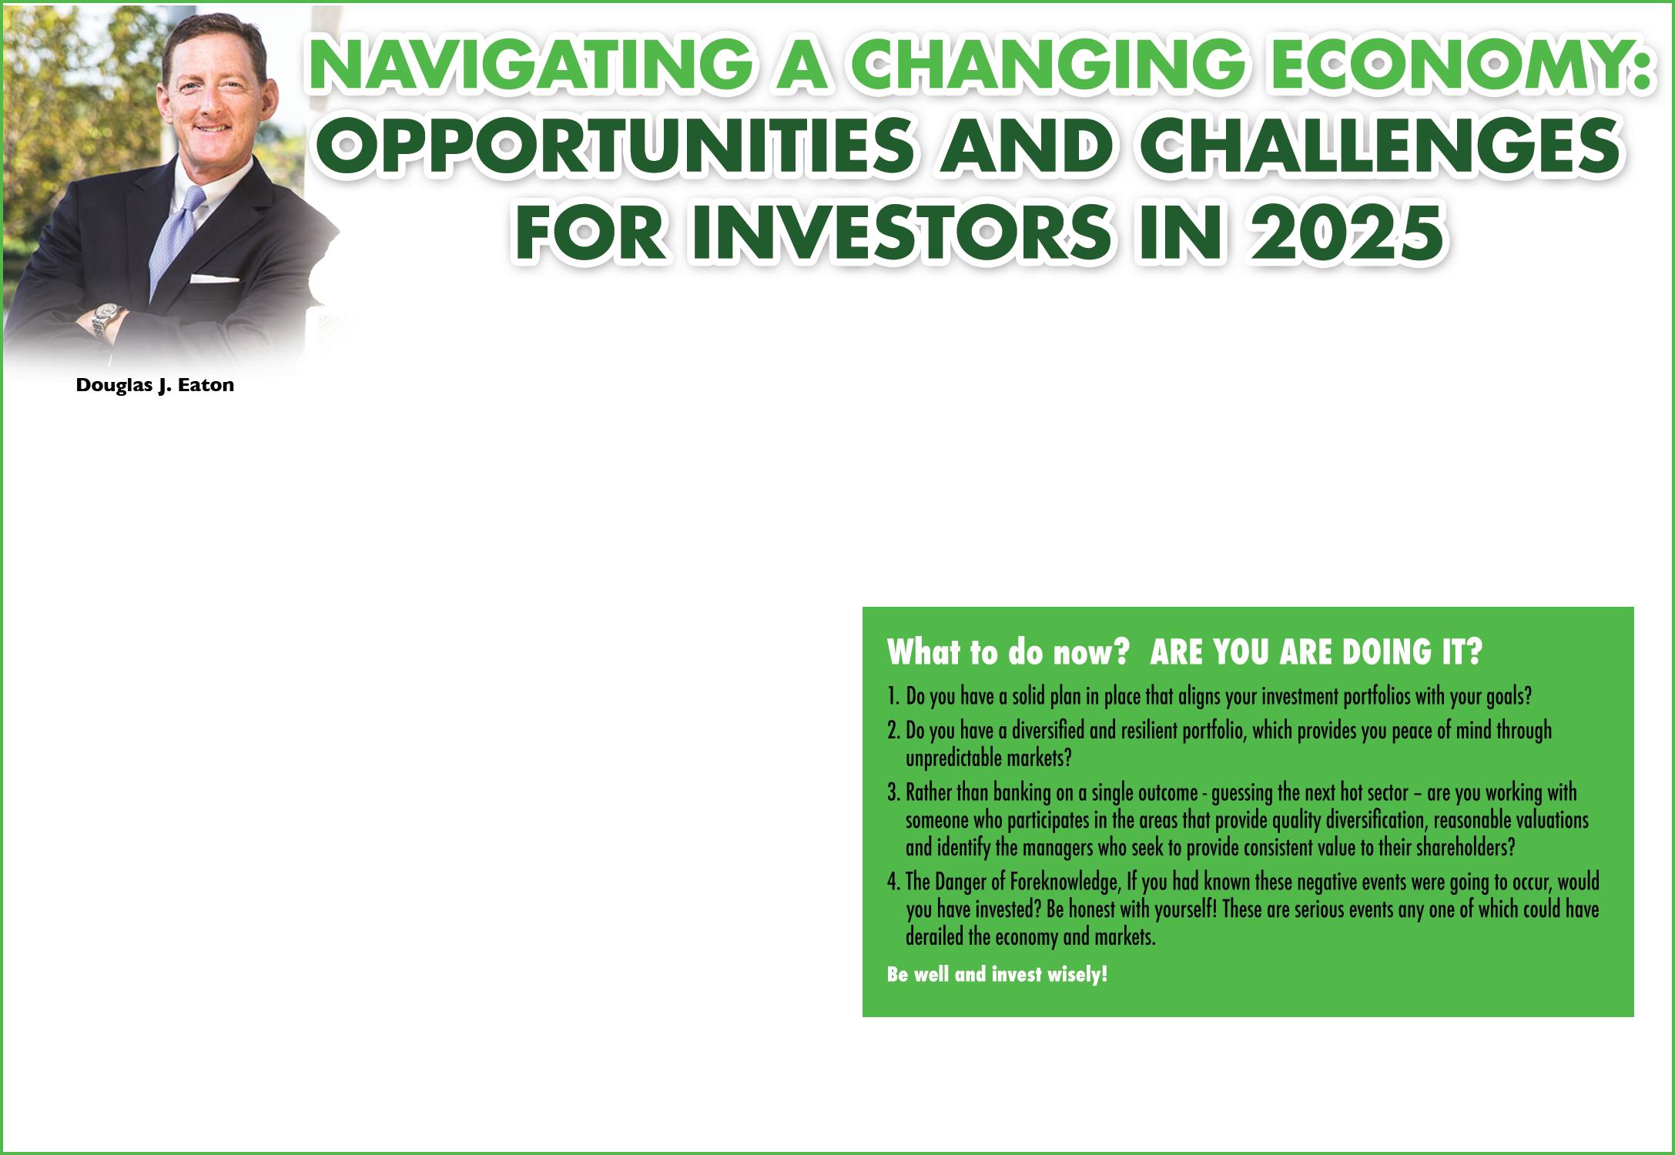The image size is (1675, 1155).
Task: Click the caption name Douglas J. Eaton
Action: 155,386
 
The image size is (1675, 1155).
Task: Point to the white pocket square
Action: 215,278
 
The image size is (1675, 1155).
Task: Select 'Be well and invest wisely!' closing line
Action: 997,976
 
